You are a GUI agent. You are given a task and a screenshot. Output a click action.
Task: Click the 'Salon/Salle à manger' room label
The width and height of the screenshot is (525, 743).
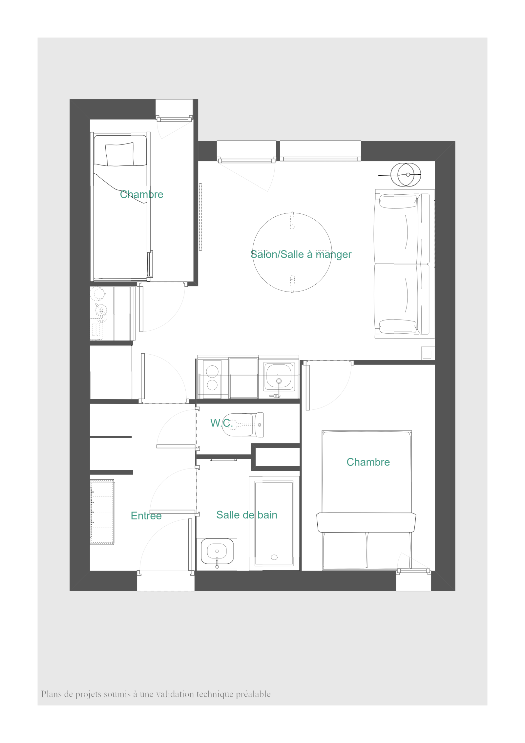pos(301,254)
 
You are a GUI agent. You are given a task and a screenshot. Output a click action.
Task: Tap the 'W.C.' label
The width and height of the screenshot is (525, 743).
pos(221,423)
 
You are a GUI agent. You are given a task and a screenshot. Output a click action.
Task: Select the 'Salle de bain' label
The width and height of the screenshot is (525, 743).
pos(247,515)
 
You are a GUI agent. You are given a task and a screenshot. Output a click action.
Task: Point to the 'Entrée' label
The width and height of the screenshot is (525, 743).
pos(146,516)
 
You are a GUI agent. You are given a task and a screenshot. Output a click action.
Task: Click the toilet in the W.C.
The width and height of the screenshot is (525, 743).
pos(243,425)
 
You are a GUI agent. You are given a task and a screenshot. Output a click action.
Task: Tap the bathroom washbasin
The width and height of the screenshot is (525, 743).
pos(217,552)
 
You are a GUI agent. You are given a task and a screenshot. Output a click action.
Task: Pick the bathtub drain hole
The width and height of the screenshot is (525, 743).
pos(274,557)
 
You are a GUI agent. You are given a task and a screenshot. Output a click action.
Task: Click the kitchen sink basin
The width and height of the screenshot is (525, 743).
pos(279,376)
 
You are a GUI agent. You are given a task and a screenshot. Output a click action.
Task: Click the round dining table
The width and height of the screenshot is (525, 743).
pos(292,252)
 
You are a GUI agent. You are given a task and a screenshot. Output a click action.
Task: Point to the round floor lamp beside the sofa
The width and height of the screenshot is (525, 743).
pos(406,175)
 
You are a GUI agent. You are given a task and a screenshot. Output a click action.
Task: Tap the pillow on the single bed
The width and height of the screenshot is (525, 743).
pos(119,154)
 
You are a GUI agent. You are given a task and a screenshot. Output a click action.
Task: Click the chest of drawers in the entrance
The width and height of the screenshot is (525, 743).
pos(102,512)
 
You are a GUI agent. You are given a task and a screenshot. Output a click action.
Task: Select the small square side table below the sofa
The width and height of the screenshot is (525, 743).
pos(428,353)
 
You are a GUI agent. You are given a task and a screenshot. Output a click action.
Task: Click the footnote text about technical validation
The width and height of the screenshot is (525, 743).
pos(156,694)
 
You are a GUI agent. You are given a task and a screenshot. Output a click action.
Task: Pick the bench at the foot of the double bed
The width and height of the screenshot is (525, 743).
pos(366,522)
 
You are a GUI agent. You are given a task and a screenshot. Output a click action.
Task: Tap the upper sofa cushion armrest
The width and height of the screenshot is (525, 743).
pos(398,201)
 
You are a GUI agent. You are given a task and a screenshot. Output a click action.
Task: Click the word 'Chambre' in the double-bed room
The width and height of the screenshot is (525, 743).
pos(368,462)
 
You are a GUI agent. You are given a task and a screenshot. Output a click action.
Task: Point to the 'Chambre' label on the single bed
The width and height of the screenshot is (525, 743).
pos(141,194)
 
